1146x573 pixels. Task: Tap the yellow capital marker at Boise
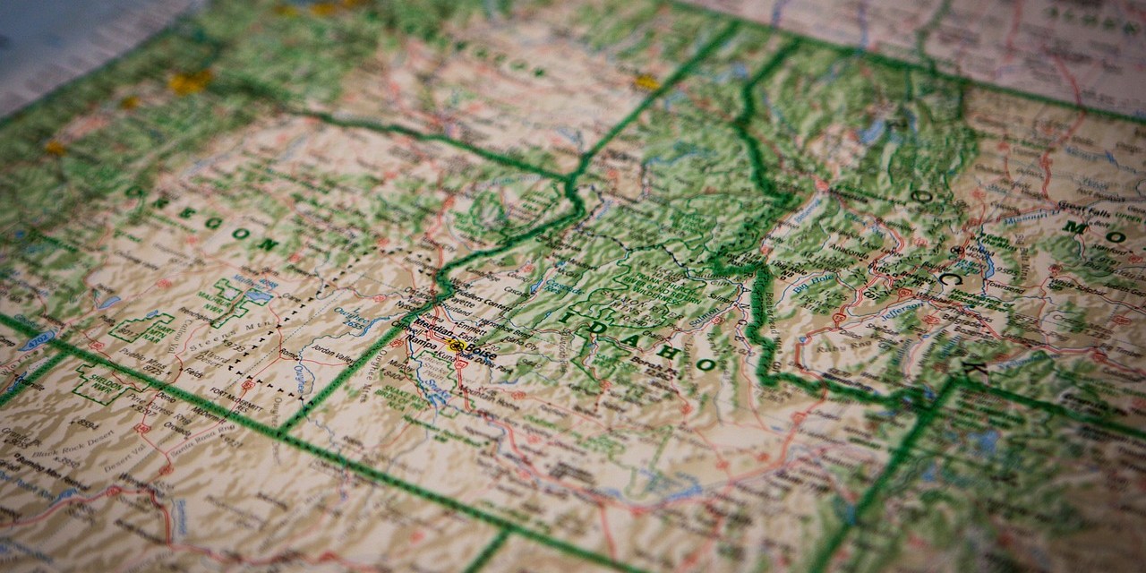click(x=457, y=346)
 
